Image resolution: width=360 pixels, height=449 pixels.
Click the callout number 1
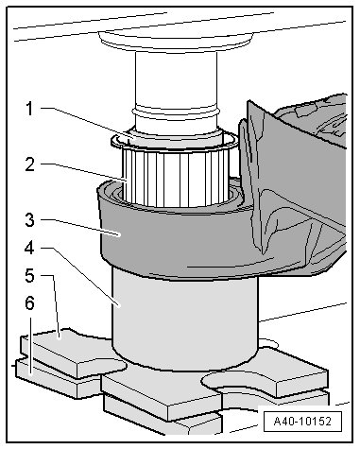[29, 109]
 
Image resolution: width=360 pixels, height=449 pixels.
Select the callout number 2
[29, 164]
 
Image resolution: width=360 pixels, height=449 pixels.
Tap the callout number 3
[29, 220]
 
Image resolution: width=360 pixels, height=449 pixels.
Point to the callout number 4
[29, 249]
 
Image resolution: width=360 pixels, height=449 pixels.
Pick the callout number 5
[29, 276]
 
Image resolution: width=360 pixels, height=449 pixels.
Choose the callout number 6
[29, 303]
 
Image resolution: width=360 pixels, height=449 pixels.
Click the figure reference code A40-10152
[302, 422]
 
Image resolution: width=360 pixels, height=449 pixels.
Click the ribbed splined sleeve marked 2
[177, 178]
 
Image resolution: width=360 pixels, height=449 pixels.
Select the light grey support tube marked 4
[186, 319]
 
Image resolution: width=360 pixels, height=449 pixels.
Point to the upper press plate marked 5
[73, 353]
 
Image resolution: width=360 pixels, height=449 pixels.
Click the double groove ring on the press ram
[177, 112]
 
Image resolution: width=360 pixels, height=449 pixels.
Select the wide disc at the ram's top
[176, 41]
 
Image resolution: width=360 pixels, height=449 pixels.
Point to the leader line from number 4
[81, 277]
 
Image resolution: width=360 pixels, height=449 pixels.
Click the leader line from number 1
[88, 123]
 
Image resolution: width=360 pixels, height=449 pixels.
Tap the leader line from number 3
[81, 227]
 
